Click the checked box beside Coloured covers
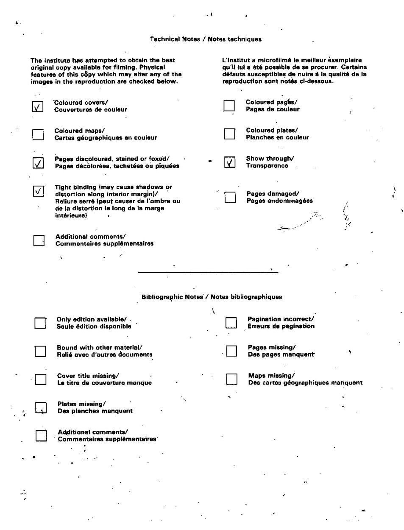38,106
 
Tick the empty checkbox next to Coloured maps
38,134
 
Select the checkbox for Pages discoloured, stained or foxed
38,163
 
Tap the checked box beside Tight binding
38,191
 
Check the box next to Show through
229,162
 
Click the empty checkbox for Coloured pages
229,106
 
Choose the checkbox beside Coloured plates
229,134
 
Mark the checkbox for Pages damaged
230,197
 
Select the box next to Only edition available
40,323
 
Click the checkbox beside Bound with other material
40,351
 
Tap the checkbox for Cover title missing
41,379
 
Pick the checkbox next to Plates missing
41,407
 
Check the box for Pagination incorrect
231,323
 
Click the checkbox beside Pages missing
231,351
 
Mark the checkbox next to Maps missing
232,379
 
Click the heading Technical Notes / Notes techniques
206,39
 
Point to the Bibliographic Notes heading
212,297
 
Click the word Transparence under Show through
267,166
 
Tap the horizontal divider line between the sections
208,272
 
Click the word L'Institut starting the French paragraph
235,60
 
